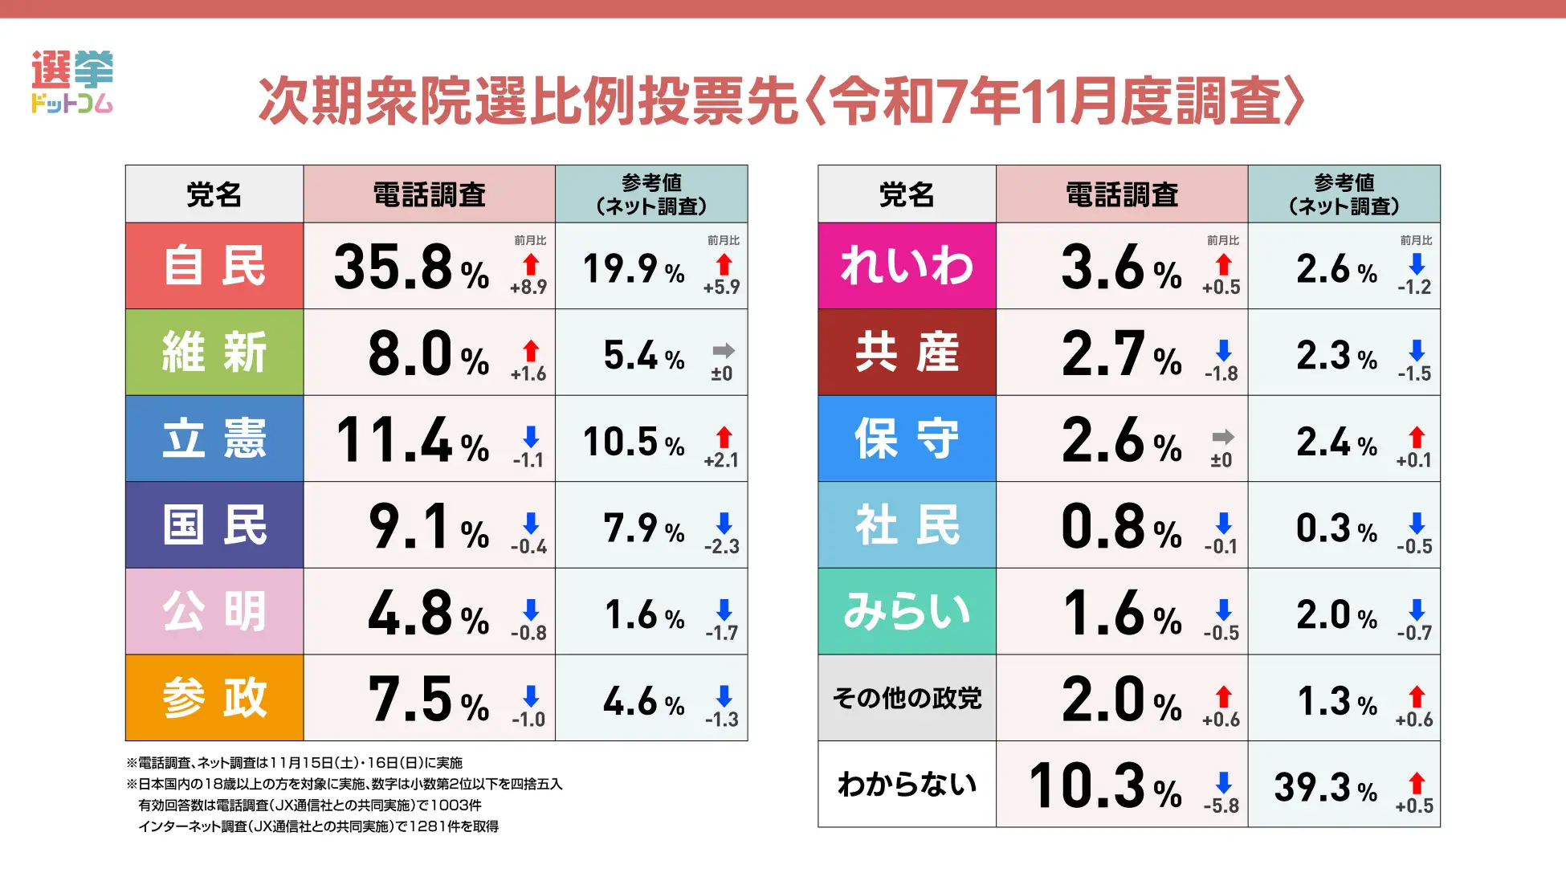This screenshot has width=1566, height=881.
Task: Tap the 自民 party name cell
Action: pyautogui.click(x=214, y=266)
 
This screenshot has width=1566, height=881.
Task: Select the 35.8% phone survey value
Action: pyautogui.click(x=411, y=267)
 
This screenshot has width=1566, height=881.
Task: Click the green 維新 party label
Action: pyautogui.click(x=214, y=353)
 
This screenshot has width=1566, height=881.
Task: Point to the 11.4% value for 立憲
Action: pyautogui.click(x=411, y=440)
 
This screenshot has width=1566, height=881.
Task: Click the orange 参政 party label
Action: pyautogui.click(x=214, y=698)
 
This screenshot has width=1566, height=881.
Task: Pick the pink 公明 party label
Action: pyautogui.click(x=214, y=611)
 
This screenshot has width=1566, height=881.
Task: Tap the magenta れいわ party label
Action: pyautogui.click(x=907, y=266)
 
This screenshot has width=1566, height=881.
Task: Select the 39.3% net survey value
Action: pyautogui.click(x=1326, y=787)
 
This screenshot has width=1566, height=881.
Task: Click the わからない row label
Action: pyautogui.click(x=907, y=784)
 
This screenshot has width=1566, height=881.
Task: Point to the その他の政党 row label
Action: pyautogui.click(x=907, y=698)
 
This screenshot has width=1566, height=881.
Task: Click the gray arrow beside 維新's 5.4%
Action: pyautogui.click(x=724, y=350)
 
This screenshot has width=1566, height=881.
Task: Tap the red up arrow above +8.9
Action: pyautogui.click(x=531, y=264)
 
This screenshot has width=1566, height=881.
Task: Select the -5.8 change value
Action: pyautogui.click(x=1221, y=806)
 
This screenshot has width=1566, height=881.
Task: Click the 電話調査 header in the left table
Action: pyautogui.click(x=429, y=194)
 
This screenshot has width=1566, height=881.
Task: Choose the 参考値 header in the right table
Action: pyautogui.click(x=1344, y=194)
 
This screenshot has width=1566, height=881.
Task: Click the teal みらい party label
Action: pyautogui.click(x=907, y=611)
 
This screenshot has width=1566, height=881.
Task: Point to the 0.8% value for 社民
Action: pyautogui.click(x=1121, y=527)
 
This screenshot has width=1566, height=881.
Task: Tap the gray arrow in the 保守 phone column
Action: pyautogui.click(x=1223, y=437)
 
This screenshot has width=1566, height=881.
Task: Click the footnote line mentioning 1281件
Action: pyautogui.click(x=318, y=826)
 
